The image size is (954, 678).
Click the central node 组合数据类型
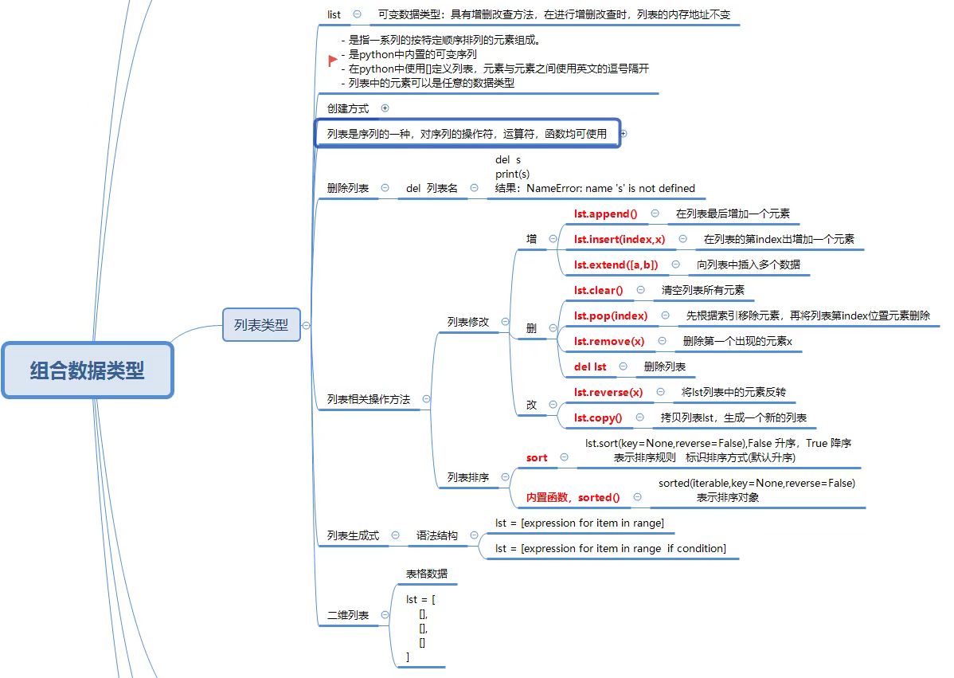tap(88, 370)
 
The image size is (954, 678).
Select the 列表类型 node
tap(261, 325)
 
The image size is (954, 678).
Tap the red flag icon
tap(333, 61)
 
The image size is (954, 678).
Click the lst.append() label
tap(605, 214)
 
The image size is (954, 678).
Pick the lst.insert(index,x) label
tap(619, 239)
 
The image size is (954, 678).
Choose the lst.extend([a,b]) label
tap(616, 265)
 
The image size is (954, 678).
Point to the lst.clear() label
tap(598, 290)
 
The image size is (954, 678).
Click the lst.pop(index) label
tap(610, 315)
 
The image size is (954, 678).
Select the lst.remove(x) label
tap(609, 341)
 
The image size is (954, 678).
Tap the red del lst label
tap(590, 366)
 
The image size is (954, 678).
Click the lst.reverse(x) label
tap(608, 392)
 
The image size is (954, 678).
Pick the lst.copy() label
tap(598, 417)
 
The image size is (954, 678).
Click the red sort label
tap(537, 457)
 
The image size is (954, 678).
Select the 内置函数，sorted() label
tap(573, 497)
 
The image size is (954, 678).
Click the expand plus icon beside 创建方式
tap(385, 108)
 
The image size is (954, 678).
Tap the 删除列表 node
tap(348, 188)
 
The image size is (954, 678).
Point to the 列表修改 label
tap(468, 322)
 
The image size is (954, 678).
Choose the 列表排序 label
tap(468, 477)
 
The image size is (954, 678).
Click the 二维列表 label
tap(348, 615)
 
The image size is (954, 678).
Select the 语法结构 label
tap(437, 536)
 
